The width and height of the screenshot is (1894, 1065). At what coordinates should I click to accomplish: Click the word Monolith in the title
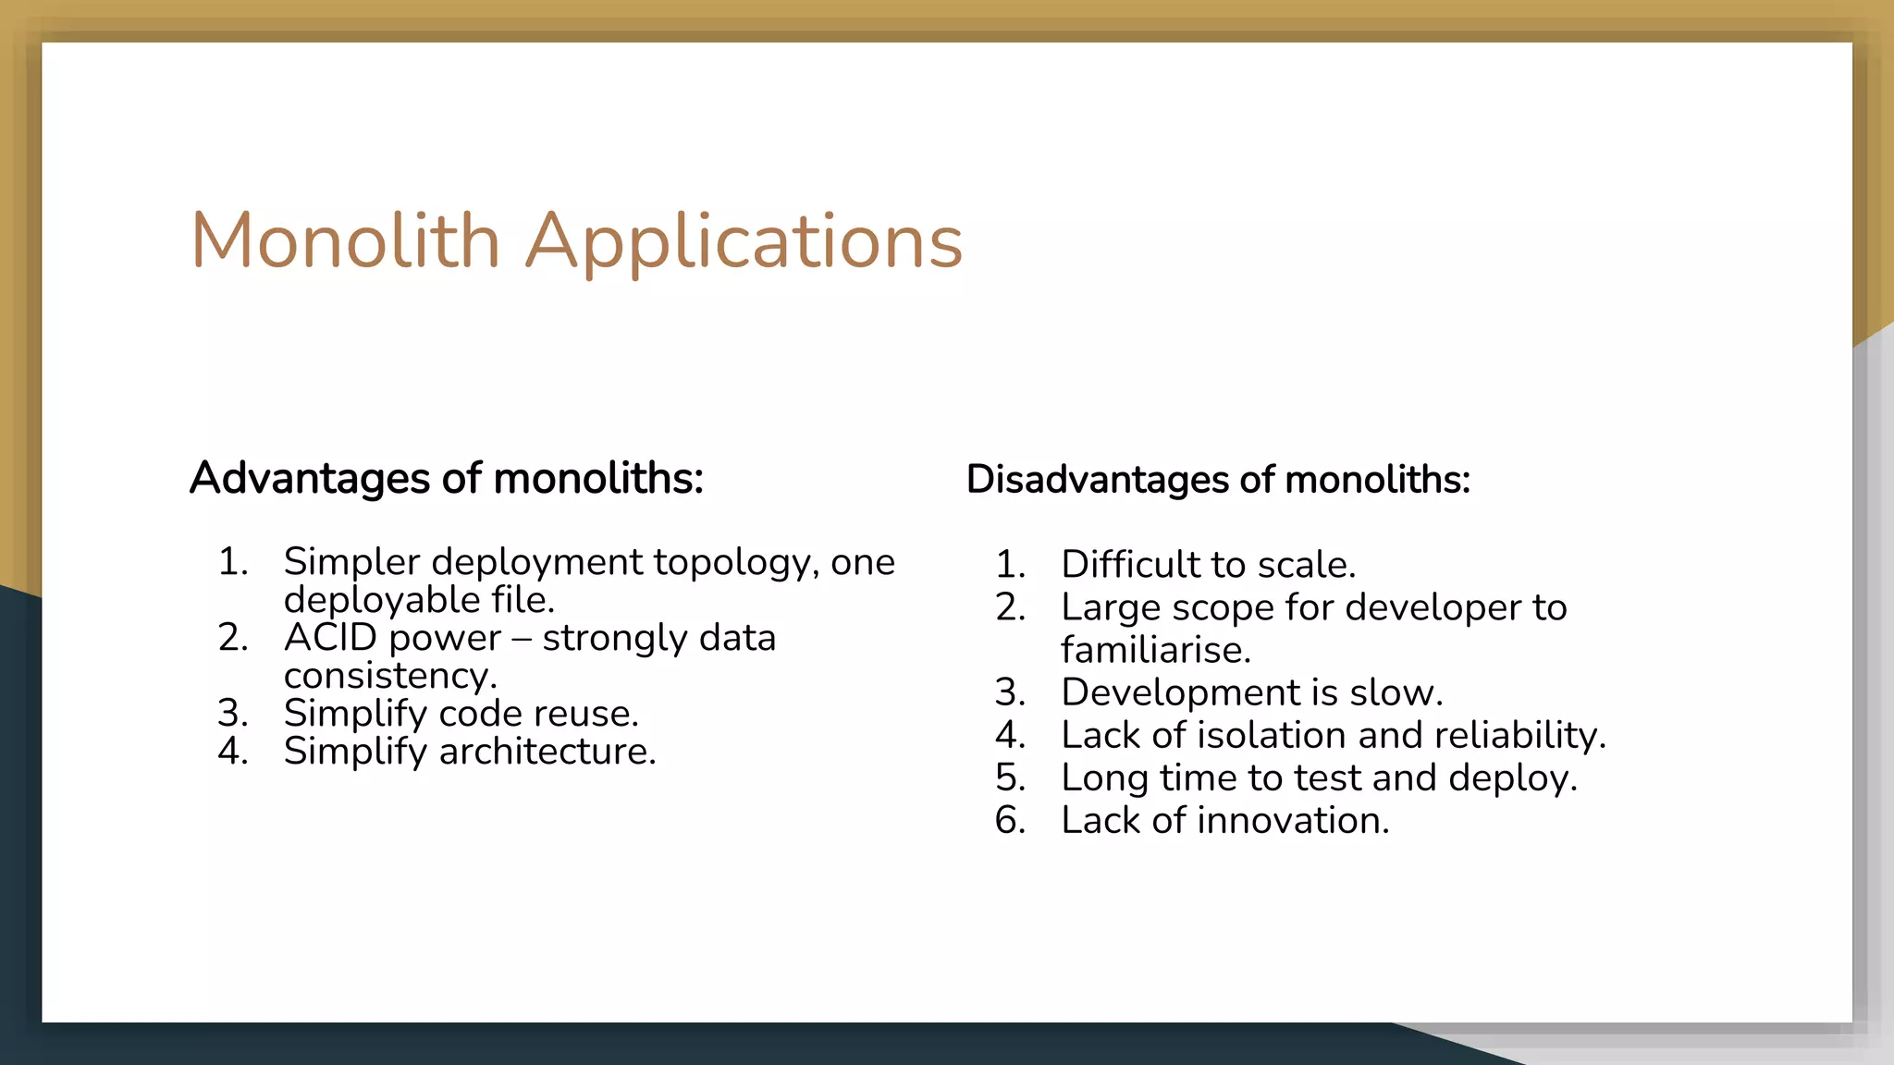click(345, 241)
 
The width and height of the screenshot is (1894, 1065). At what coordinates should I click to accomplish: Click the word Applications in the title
click(744, 243)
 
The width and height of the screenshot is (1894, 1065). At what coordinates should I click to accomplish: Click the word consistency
click(389, 677)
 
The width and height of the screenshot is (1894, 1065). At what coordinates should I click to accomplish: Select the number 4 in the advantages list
click(231, 752)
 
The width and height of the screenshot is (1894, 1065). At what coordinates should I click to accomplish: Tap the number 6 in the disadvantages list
click(1009, 821)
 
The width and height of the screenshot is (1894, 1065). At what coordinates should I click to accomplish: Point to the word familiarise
click(1155, 650)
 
